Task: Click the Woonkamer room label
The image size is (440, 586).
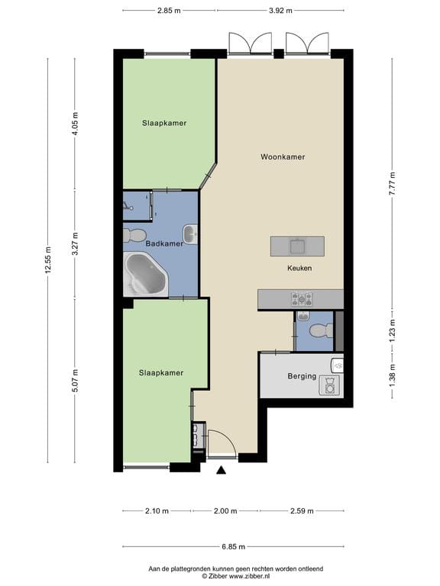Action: tap(283, 157)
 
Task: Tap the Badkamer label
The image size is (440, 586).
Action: tap(164, 243)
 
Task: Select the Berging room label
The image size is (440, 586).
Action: tap(302, 376)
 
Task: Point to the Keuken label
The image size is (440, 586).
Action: tap(299, 268)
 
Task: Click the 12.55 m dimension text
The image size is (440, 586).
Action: tap(48, 260)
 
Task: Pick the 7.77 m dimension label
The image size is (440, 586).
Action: tap(392, 183)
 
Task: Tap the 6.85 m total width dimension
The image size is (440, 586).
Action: tap(234, 546)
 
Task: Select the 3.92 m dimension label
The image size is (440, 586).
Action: tap(280, 11)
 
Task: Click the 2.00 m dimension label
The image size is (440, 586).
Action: tap(225, 511)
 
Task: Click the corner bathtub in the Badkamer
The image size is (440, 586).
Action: tap(146, 273)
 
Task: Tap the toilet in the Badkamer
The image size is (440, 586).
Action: tap(134, 235)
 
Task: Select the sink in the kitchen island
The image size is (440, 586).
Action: tap(298, 246)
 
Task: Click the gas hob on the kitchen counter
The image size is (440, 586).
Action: tap(302, 299)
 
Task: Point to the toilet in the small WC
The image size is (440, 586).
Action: tap(322, 330)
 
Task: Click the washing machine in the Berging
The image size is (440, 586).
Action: tap(330, 385)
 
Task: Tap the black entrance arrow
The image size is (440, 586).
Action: tap(222, 470)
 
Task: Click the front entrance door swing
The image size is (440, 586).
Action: tap(222, 443)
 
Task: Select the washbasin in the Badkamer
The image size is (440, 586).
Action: tap(190, 234)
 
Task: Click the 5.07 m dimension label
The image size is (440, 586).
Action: tap(75, 380)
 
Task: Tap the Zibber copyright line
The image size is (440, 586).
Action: tap(236, 576)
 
